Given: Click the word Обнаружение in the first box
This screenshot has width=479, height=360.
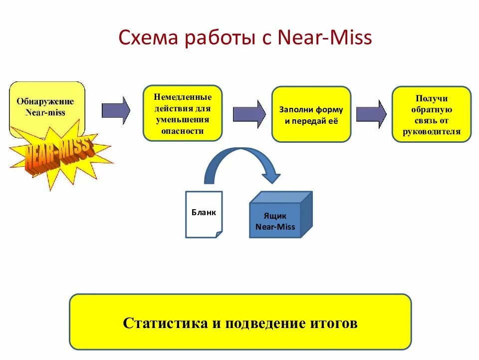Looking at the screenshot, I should [x=45, y=101].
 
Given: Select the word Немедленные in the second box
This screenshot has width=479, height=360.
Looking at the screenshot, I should [x=183, y=97].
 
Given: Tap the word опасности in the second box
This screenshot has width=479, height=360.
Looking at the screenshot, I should [x=183, y=131].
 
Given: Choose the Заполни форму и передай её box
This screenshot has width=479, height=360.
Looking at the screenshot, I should [x=311, y=114].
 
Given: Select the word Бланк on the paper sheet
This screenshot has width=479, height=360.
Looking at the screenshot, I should [x=204, y=212].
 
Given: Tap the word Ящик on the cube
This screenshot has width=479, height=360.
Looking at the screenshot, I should [x=275, y=216].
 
